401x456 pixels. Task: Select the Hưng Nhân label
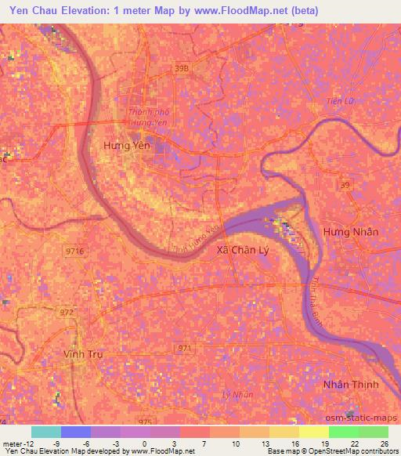coord(350,232)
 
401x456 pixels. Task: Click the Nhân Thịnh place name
coord(351,385)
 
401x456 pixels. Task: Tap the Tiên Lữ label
coord(341,101)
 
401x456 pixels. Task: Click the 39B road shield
coord(182,69)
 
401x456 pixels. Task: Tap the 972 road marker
coord(67,312)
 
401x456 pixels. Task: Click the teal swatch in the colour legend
coord(45,431)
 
